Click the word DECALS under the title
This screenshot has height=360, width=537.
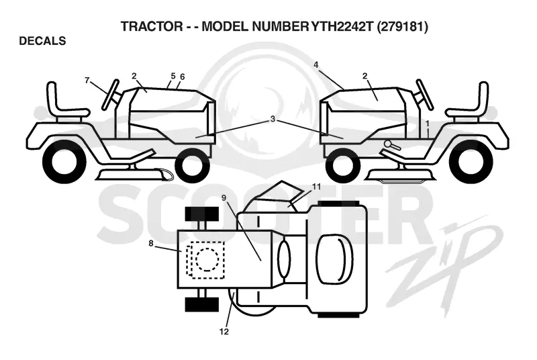(x=42, y=41)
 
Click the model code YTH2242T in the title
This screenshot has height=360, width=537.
(x=341, y=26)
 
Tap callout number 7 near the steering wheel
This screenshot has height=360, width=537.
(x=87, y=80)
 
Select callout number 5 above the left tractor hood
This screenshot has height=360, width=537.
(x=173, y=75)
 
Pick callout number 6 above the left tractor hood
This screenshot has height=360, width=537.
(x=182, y=77)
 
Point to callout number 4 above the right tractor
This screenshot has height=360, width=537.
(x=315, y=64)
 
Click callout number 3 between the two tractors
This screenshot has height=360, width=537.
(x=273, y=119)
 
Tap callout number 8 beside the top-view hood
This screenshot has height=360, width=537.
(x=150, y=244)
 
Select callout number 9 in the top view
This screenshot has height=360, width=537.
(x=224, y=197)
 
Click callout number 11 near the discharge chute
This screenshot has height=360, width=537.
(x=316, y=187)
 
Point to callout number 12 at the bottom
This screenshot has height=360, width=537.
(x=224, y=332)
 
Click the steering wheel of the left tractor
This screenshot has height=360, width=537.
(x=110, y=95)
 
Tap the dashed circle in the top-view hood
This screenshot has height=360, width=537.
(x=207, y=259)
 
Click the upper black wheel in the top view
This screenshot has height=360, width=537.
(x=202, y=214)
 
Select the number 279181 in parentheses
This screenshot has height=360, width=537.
(x=402, y=26)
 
